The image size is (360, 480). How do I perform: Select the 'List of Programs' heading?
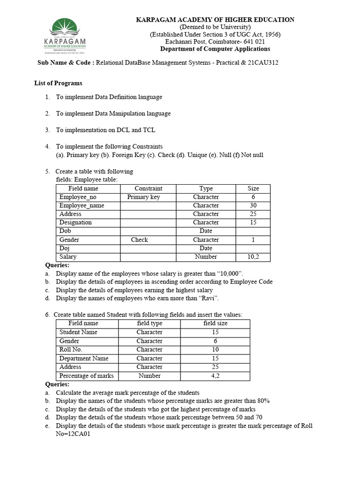[x=58, y=83]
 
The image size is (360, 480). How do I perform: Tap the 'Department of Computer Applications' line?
[x=215, y=49]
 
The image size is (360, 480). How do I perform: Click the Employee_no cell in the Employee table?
[x=78, y=197]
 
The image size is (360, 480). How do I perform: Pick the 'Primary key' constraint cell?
[x=143, y=197]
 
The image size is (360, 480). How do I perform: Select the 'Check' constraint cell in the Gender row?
[x=139, y=240]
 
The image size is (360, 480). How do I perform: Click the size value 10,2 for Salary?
[x=253, y=256]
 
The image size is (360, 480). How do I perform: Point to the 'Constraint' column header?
[x=148, y=188]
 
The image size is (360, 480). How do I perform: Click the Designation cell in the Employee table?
[x=75, y=222]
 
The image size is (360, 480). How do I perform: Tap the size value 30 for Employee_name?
[x=253, y=205]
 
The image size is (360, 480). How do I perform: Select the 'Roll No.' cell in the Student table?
[x=71, y=349]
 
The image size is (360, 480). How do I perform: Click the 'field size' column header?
[x=215, y=323]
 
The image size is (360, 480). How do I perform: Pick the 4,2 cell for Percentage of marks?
[x=215, y=375]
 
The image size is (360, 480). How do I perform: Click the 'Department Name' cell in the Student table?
[x=83, y=358]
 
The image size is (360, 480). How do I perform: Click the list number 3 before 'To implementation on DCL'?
[x=47, y=130]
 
